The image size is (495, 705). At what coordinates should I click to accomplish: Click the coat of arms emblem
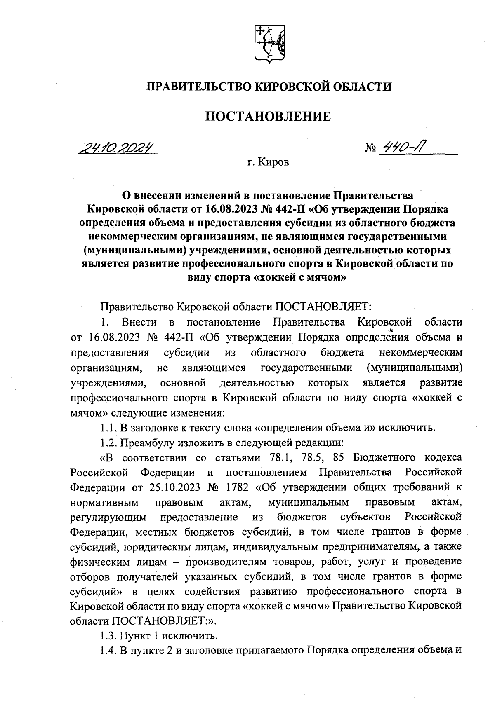[268, 45]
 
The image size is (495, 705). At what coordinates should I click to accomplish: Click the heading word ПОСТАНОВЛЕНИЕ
[268, 117]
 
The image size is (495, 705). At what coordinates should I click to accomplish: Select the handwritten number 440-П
[405, 147]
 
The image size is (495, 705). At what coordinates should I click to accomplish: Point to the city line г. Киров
[268, 162]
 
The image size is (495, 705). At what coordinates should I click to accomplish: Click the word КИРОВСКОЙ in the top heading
[285, 87]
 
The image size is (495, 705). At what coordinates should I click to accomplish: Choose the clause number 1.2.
[109, 443]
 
